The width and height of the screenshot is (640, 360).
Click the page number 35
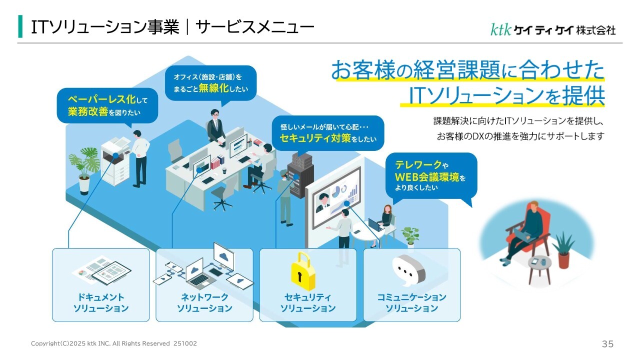coord(607,344)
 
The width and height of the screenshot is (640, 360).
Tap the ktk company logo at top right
coord(553,29)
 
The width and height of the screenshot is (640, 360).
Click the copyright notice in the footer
coord(114,343)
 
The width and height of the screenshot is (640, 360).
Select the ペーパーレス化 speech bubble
coord(108,105)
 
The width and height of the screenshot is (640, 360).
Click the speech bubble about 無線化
coord(210,83)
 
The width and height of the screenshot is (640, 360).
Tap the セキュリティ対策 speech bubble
coord(327,133)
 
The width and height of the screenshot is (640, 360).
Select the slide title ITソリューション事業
coord(172,27)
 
